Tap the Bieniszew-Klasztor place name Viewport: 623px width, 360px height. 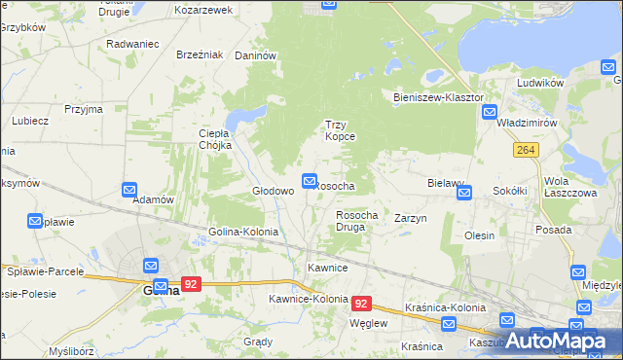click(x=438, y=98)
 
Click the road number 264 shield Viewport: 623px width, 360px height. click(x=527, y=149)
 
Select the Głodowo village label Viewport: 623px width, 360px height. click(x=273, y=191)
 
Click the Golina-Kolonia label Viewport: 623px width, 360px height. click(x=243, y=233)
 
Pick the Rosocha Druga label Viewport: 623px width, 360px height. click(x=356, y=220)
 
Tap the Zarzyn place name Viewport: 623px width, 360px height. click(x=410, y=219)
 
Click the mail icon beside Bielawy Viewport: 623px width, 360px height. click(x=464, y=193)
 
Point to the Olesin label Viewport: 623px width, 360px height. click(x=479, y=235)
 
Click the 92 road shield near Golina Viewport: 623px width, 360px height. click(x=191, y=285)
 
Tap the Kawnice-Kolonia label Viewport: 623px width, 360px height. click(x=309, y=299)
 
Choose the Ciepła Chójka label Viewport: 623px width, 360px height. click(x=214, y=139)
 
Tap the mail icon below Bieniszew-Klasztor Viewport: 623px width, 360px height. click(x=490, y=113)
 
